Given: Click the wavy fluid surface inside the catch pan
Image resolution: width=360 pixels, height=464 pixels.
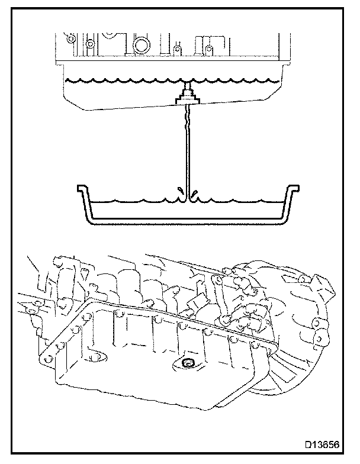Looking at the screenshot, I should (x=136, y=200).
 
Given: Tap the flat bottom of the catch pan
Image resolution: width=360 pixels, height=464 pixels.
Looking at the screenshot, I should (x=187, y=223).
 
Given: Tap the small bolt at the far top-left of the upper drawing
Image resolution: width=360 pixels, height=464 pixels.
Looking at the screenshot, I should (x=70, y=39).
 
